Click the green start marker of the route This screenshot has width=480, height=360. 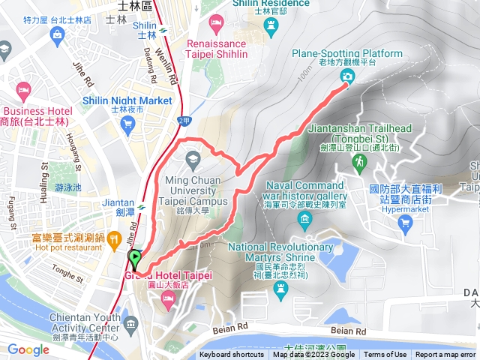pyautogui.click(x=134, y=259)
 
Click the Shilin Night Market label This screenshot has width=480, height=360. pyautogui.click(x=134, y=100)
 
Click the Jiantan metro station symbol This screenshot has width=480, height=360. pyautogui.click(x=140, y=203)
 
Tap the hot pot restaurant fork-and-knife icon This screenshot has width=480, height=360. pyautogui.click(x=114, y=240)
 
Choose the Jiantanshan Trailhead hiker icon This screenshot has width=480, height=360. pyautogui.click(x=361, y=161)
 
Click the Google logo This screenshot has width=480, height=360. pyautogui.click(x=28, y=349)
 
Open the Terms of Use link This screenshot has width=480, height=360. pyautogui.click(x=385, y=355)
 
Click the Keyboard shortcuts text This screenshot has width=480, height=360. pyautogui.click(x=230, y=355)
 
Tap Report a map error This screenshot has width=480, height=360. pyautogui.click(x=446, y=355)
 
